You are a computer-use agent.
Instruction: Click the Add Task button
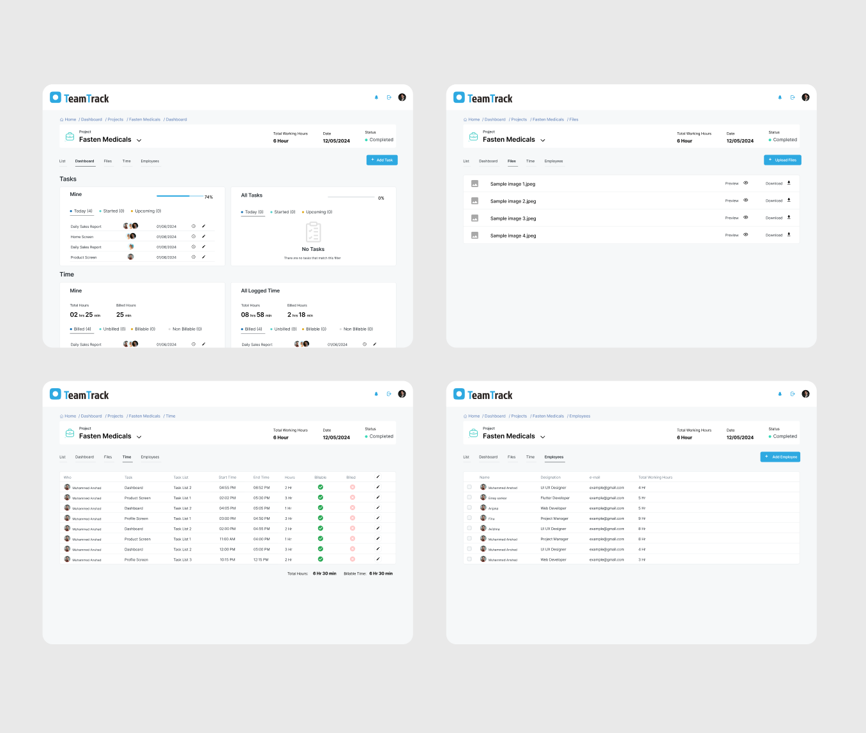[x=382, y=160]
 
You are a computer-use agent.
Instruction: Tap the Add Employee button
[x=780, y=457]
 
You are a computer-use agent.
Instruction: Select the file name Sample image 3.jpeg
[x=513, y=218]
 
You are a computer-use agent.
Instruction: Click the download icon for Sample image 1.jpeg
[x=789, y=183]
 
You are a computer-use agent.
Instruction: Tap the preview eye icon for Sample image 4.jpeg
[x=745, y=235]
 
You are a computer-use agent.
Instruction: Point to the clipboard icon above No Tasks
[x=313, y=232]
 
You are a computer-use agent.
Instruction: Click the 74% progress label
[x=209, y=197]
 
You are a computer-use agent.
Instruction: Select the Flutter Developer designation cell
[x=554, y=498]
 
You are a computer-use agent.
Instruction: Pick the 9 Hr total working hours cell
[x=642, y=518]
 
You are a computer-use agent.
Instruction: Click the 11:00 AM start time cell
[x=227, y=539]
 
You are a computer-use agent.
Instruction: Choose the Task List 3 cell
[x=182, y=560]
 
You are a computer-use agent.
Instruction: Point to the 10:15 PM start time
[x=227, y=560]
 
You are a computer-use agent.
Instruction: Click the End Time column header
[x=261, y=478]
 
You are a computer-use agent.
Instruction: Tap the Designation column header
[x=551, y=478]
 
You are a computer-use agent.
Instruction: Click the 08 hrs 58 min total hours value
[x=256, y=315]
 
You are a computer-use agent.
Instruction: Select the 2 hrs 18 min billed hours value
[x=300, y=315]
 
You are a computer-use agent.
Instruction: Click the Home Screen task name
[x=82, y=237]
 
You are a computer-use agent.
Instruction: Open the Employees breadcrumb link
[x=579, y=416]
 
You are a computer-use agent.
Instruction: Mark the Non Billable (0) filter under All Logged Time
[x=358, y=329]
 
